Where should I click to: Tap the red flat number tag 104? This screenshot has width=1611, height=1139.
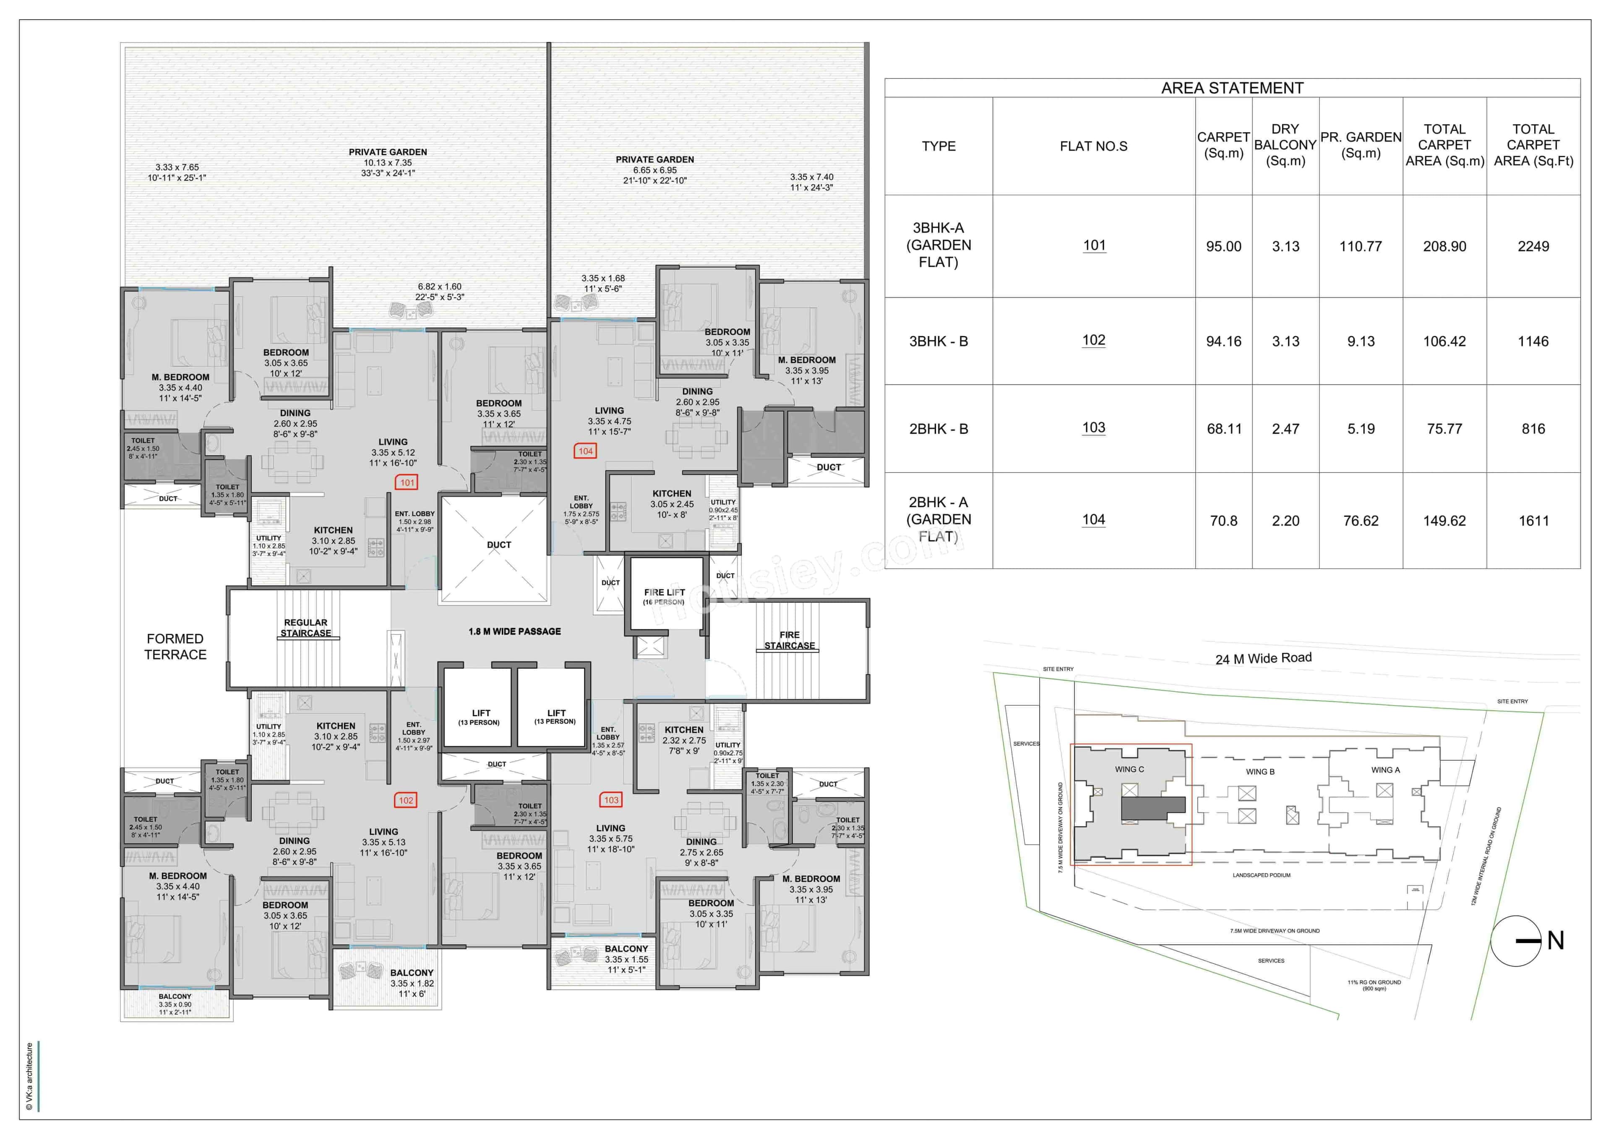pyautogui.click(x=585, y=451)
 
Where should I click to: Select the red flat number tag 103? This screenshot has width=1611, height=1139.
pyautogui.click(x=611, y=800)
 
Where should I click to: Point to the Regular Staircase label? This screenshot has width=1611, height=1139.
pyautogui.click(x=305, y=628)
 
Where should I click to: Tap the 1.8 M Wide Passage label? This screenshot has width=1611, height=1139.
pyautogui.click(x=514, y=632)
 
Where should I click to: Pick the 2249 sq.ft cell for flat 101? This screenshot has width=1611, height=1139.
pyautogui.click(x=1533, y=246)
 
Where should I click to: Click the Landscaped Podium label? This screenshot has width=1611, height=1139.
pyautogui.click(x=1261, y=875)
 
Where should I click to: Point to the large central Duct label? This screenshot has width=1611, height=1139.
pyautogui.click(x=499, y=545)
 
